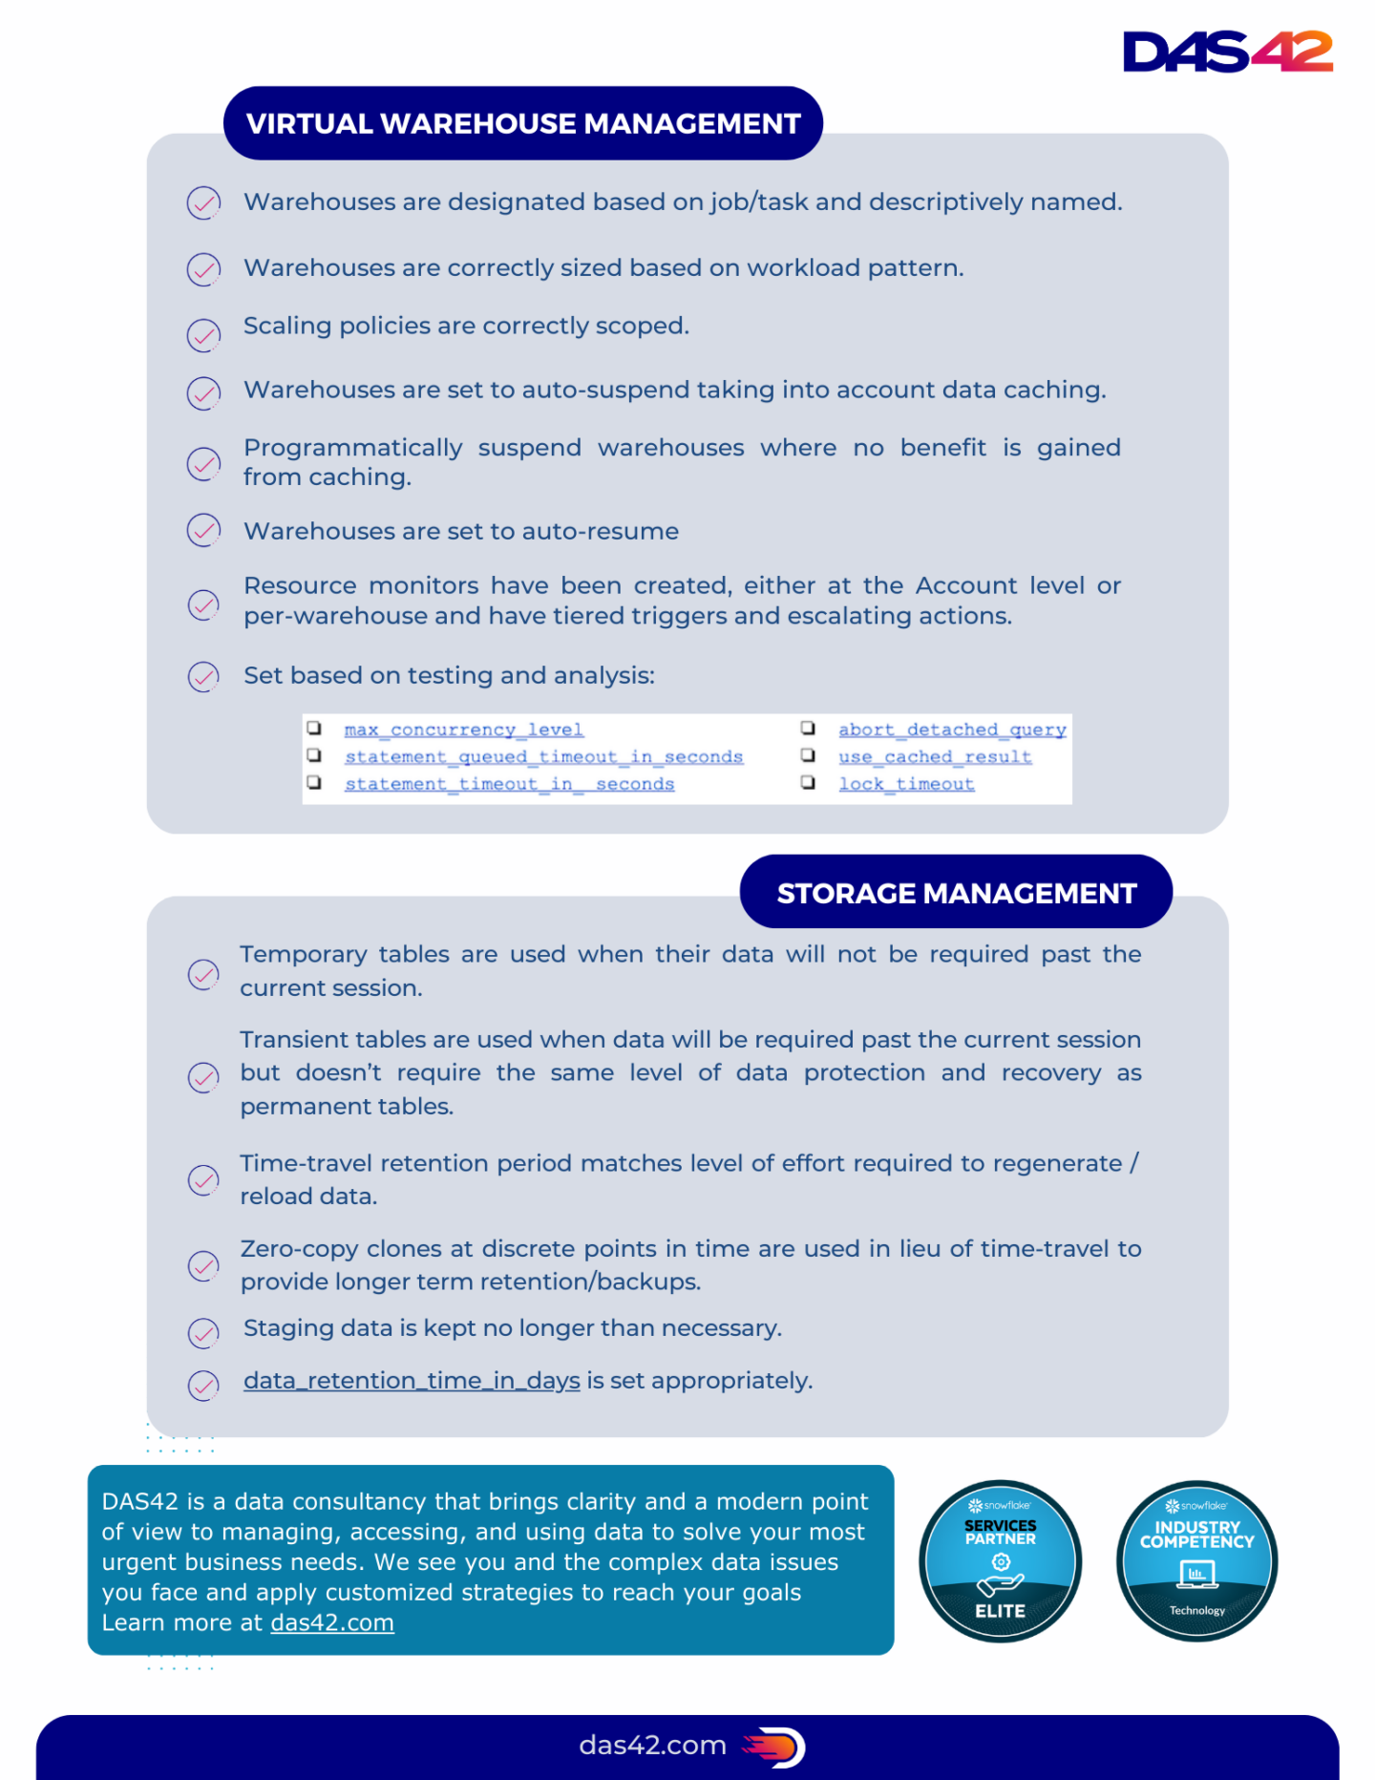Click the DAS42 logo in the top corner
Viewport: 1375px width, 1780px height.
click(1227, 52)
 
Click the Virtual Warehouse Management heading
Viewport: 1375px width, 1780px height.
click(523, 123)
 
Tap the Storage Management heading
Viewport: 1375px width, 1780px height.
click(956, 893)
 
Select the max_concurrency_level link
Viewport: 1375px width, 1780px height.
click(464, 730)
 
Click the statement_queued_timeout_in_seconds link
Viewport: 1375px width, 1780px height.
click(543, 756)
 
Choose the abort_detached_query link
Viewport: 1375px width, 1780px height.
click(952, 730)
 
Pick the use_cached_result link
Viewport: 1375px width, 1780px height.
click(935, 756)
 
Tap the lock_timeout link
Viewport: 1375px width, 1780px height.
click(906, 784)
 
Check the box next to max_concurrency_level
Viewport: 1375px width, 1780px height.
click(314, 729)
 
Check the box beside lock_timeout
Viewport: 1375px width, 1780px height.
click(808, 783)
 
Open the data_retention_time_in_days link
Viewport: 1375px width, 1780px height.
click(412, 1381)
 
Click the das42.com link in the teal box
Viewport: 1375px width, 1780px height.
click(332, 1623)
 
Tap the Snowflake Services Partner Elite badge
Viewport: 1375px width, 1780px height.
click(1000, 1561)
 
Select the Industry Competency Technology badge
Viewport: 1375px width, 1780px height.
click(1196, 1561)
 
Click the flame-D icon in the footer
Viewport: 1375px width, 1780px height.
click(775, 1747)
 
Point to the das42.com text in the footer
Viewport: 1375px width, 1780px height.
click(652, 1746)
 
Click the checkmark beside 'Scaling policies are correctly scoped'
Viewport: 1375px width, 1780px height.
click(203, 335)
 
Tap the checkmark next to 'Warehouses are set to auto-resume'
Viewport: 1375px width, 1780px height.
click(203, 530)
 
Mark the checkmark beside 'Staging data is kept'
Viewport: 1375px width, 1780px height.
click(203, 1333)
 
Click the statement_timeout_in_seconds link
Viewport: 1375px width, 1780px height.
click(509, 784)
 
